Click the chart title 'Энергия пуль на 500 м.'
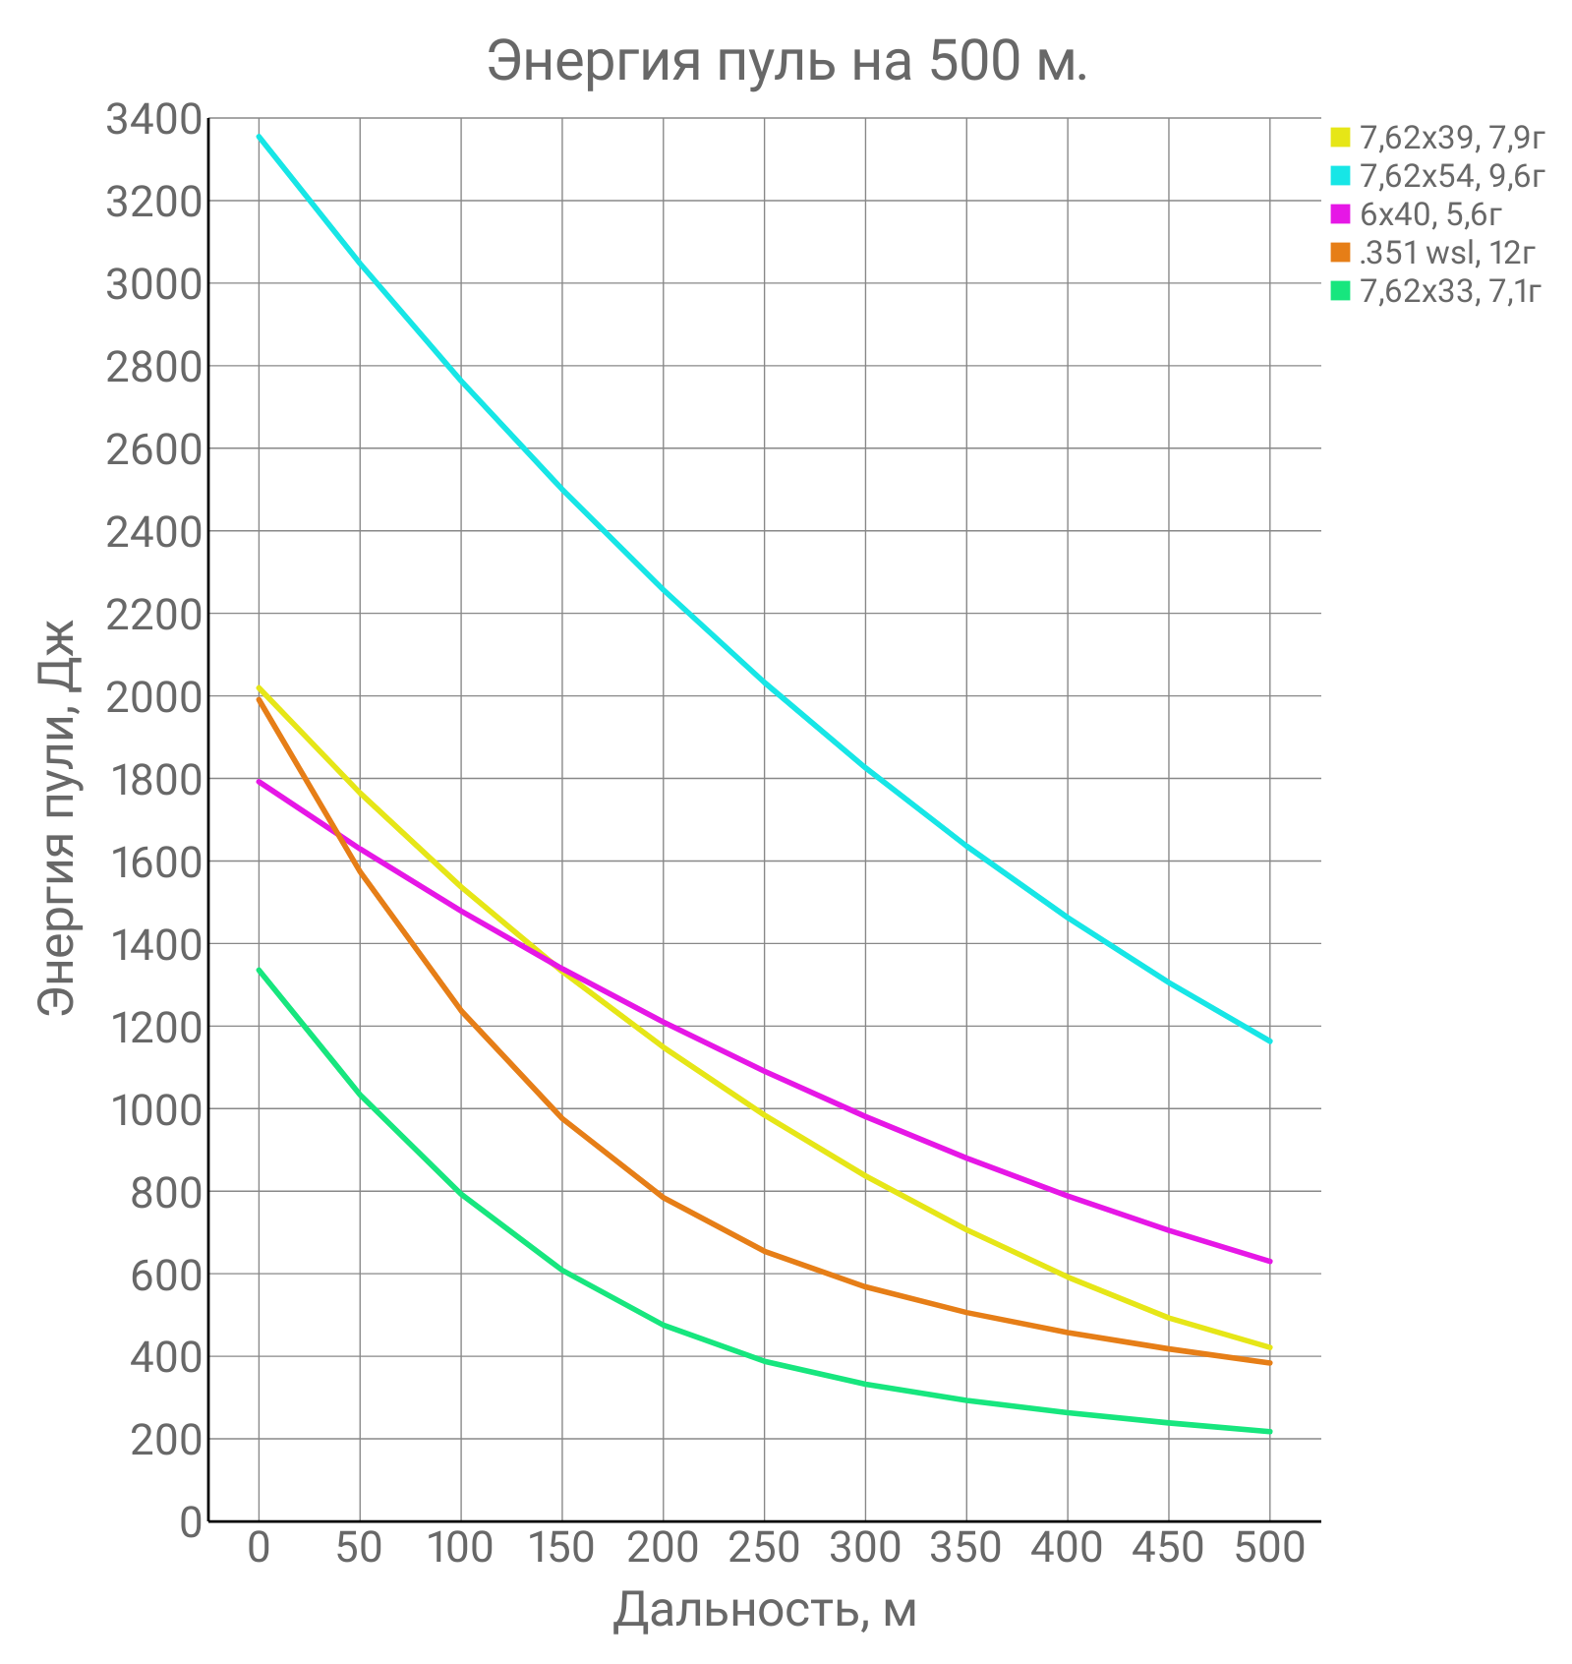click(786, 61)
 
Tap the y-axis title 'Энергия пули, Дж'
click(57, 816)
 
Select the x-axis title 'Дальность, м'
click(765, 1609)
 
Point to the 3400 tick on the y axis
click(153, 120)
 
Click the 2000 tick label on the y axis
click(153, 697)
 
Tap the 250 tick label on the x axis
click(764, 1547)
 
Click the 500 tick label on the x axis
click(1269, 1547)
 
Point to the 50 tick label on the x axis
click(359, 1547)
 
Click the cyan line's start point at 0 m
click(259, 136)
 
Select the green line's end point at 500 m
click(1269, 1431)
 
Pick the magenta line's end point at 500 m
click(1269, 1261)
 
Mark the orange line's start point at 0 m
click(259, 699)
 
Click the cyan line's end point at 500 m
click(1269, 1040)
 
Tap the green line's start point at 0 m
click(259, 970)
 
